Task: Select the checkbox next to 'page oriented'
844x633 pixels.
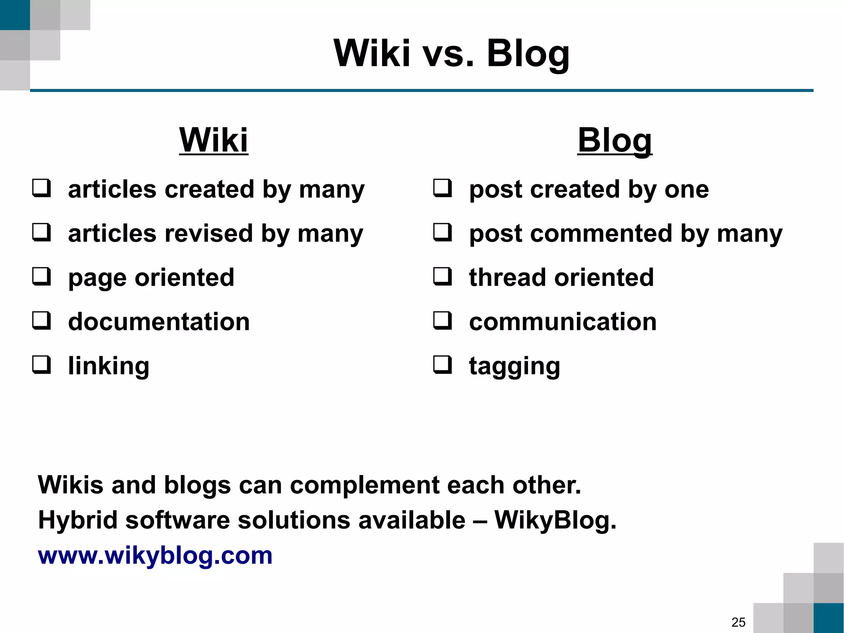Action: click(42, 276)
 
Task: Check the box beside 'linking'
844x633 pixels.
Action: click(42, 365)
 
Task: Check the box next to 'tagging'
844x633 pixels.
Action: click(443, 365)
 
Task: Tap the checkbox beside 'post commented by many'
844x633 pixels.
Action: click(443, 232)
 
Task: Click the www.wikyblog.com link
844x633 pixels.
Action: click(155, 555)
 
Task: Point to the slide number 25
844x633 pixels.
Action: click(738, 622)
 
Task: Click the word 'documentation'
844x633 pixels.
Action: click(159, 322)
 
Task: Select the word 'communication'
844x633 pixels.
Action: click(563, 322)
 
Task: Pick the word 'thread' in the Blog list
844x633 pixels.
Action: click(508, 277)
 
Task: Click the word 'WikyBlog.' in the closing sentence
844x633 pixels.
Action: click(555, 520)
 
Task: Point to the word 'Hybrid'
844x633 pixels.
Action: click(78, 520)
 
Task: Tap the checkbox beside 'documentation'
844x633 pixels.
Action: click(42, 320)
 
